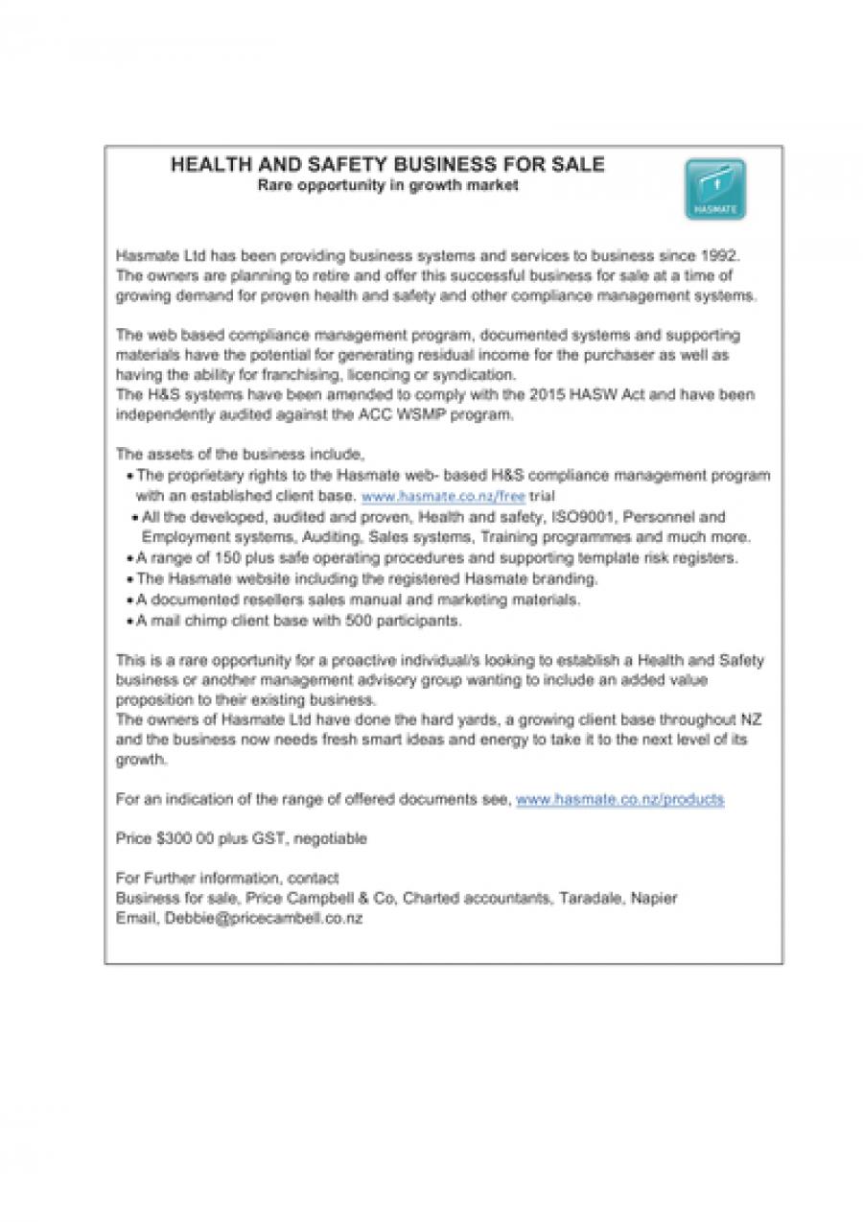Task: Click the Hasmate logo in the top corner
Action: pos(714,190)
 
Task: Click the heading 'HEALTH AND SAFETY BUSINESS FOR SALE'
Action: pos(387,165)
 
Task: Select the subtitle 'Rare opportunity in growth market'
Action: pos(387,185)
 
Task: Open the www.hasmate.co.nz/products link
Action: pos(619,798)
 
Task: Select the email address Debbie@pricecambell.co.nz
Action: pos(263,918)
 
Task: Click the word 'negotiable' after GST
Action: pos(331,838)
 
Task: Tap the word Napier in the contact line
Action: pos(656,898)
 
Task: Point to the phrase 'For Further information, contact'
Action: pos(226,878)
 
